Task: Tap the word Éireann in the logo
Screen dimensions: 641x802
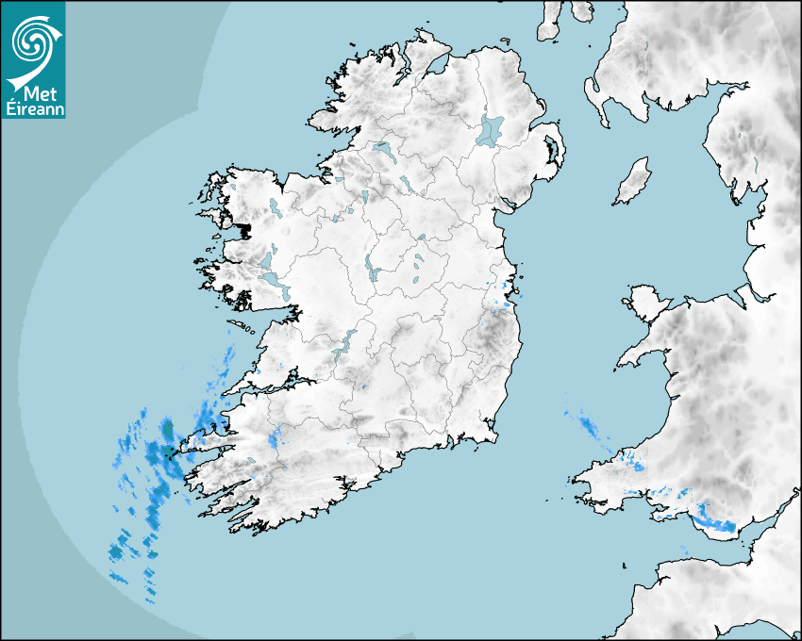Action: point(33,108)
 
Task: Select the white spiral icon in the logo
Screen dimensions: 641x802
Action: point(32,41)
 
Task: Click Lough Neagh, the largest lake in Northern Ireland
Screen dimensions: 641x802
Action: point(491,129)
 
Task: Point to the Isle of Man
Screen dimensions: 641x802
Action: point(633,182)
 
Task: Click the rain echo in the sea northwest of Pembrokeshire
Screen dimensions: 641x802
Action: point(590,427)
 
